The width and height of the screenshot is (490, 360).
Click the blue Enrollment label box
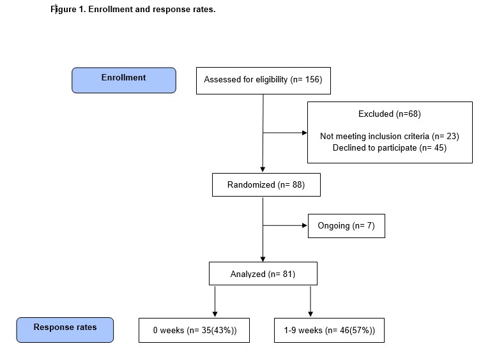coord(124,80)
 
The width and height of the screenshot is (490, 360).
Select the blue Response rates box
coord(65,330)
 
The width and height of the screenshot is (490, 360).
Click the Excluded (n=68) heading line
coord(389,114)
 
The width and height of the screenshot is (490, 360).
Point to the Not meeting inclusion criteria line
coord(389,136)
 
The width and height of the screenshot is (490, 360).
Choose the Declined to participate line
coord(389,147)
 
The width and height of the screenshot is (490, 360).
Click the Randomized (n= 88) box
coord(266,185)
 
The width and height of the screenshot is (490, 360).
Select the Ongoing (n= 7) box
coord(346,226)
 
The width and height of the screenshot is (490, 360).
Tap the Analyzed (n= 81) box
coord(263,274)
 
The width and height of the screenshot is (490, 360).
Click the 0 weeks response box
coord(194,331)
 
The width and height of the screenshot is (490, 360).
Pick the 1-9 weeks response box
coord(330,331)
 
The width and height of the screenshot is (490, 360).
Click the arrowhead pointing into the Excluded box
coord(305,133)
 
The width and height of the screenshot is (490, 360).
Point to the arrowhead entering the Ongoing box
coord(305,225)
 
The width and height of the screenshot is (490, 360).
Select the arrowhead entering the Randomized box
coord(263,170)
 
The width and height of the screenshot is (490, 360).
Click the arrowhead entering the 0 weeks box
coord(215,314)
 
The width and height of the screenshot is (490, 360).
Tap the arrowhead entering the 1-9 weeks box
coord(310,314)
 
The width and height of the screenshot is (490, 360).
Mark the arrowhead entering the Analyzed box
coord(263,259)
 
